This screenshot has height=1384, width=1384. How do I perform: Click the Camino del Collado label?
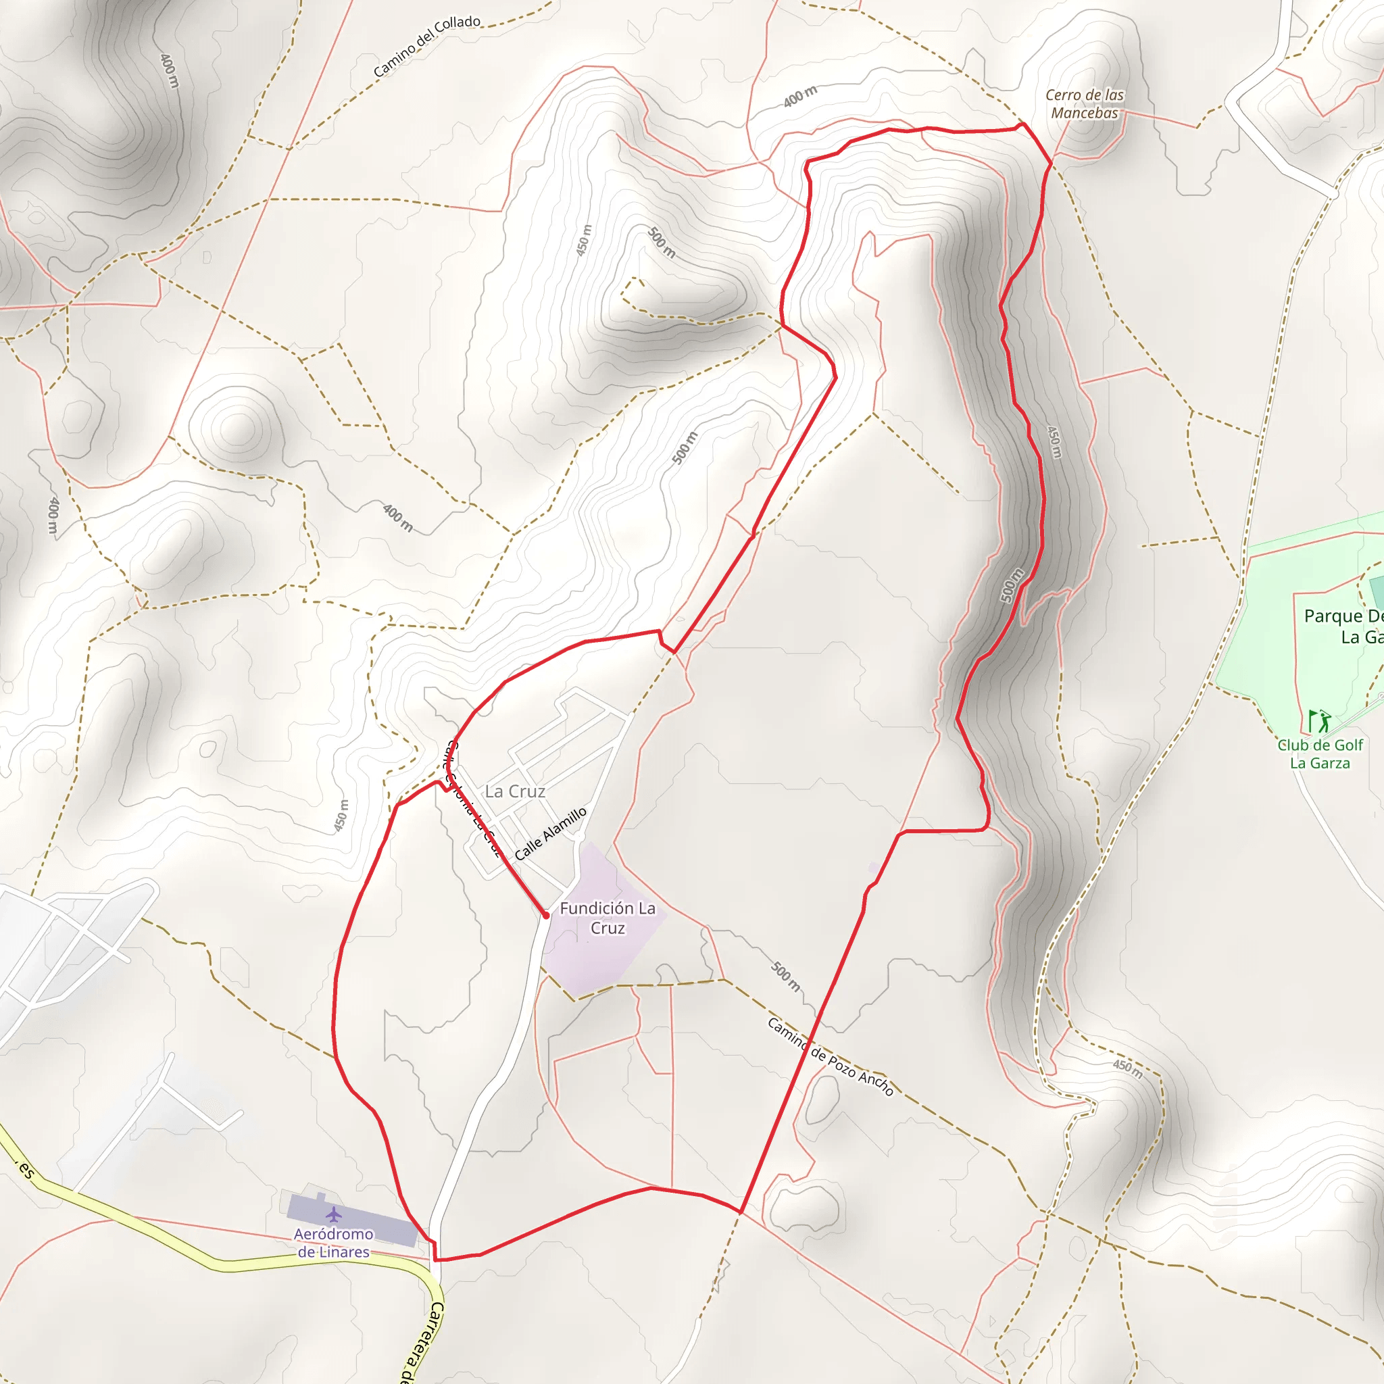tap(426, 45)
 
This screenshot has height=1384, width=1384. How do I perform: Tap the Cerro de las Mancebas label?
tap(1084, 104)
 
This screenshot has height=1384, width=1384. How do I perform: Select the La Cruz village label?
tap(515, 791)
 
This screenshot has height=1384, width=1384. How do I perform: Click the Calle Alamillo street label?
tap(550, 833)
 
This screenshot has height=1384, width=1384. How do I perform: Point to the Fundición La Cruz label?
tap(608, 918)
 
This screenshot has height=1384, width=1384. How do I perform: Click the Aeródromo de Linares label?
tap(333, 1243)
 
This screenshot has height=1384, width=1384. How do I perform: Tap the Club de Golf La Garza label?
tap(1320, 753)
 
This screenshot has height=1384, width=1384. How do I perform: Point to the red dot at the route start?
tap(546, 916)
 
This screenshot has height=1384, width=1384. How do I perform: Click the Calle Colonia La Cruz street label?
tap(473, 799)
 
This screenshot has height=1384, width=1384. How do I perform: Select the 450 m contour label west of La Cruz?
tap(342, 815)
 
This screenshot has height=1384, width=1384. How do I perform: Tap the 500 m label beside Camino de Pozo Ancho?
tap(785, 977)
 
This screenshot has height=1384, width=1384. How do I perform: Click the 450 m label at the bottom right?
tap(1128, 1068)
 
